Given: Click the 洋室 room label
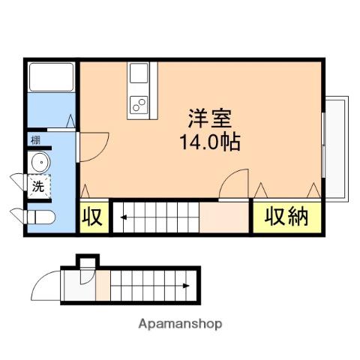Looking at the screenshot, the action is tap(210, 118).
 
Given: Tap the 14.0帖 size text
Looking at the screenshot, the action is tap(210, 142).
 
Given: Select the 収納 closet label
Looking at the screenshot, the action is tap(286, 217).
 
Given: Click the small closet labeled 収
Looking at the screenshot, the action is tap(92, 217).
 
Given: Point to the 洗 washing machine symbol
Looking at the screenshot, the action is tap(38, 187).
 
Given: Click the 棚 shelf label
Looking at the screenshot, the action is tap(35, 140).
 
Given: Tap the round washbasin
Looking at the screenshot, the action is tap(40, 162).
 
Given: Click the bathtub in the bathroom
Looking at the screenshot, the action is tap(52, 77).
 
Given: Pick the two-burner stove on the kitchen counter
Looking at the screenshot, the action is tap(139, 105).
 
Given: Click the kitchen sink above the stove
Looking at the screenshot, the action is tap(139, 73).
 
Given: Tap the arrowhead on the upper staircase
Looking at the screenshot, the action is tap(124, 217).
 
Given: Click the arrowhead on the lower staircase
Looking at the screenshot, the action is tap(186, 286).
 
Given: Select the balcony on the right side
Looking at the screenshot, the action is tap(336, 149).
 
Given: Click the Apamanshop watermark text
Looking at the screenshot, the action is tap(180, 324).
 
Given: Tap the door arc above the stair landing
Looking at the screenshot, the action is tap(227, 175).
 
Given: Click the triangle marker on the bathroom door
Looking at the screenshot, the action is tap(70, 121).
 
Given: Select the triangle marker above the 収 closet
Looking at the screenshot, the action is tap(85, 191).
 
